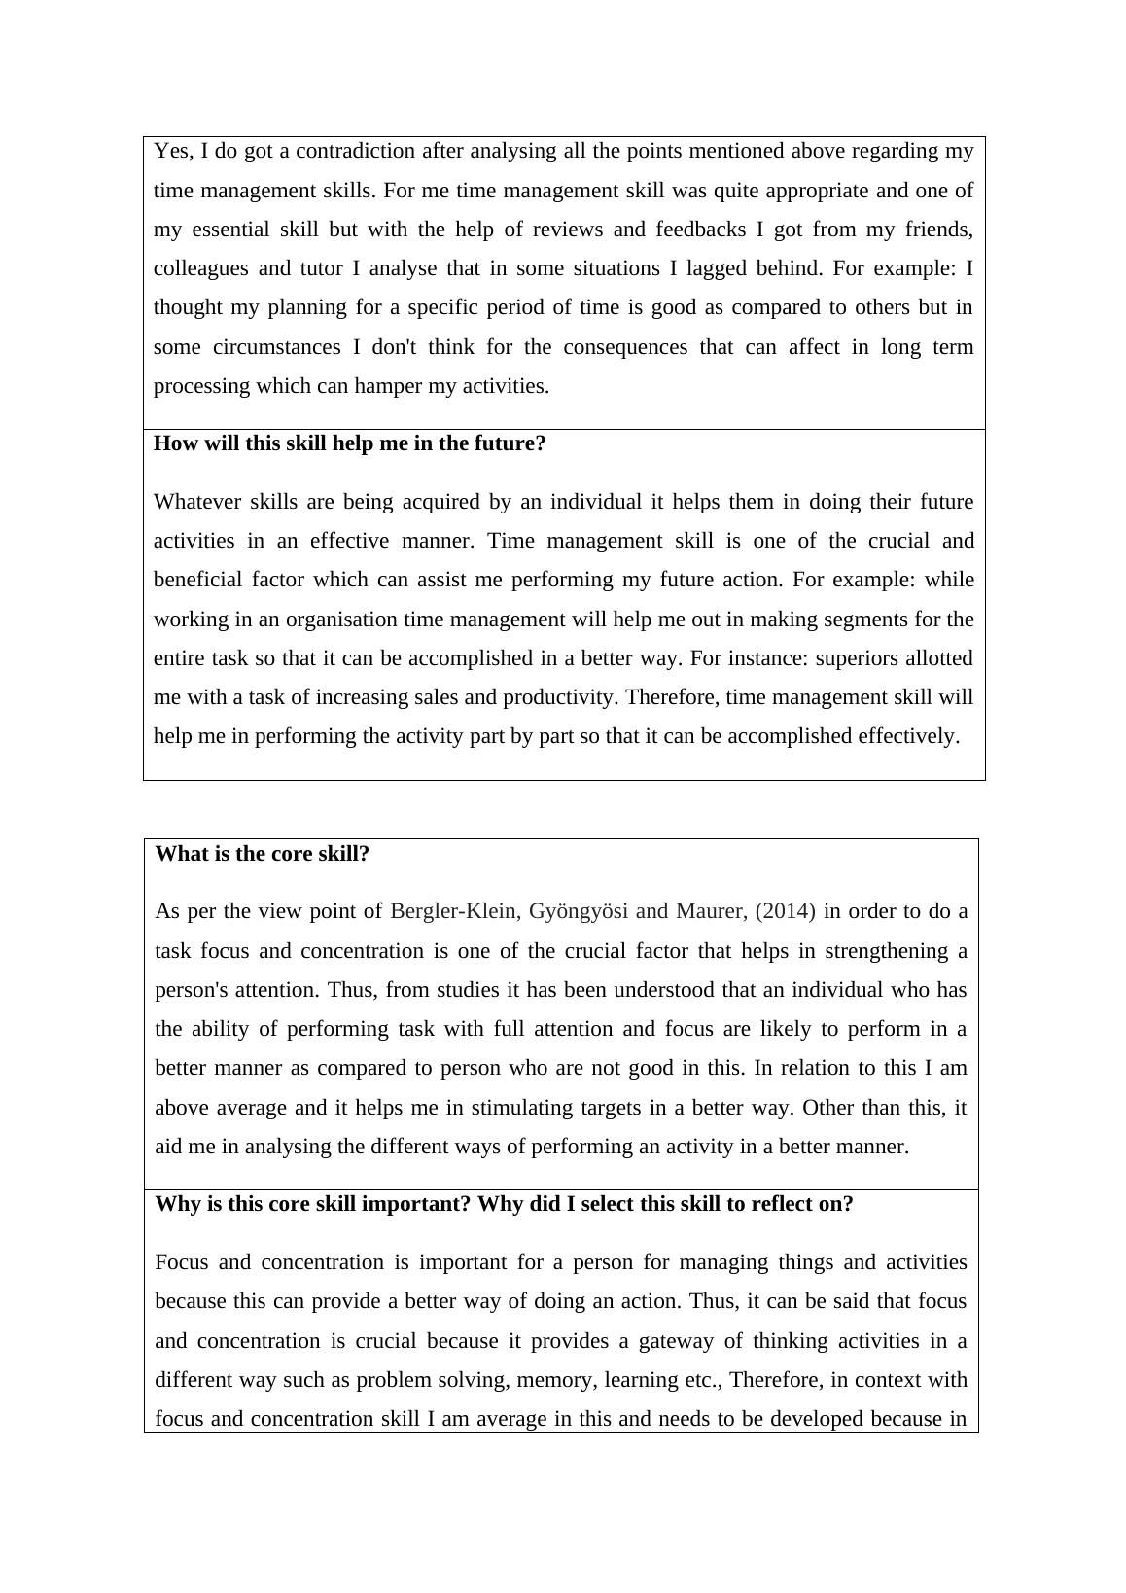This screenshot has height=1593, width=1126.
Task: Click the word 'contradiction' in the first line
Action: coord(356,151)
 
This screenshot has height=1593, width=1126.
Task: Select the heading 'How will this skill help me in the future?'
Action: coord(350,443)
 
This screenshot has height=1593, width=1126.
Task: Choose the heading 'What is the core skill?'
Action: coord(263,854)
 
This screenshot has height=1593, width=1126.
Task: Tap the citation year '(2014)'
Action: coord(785,911)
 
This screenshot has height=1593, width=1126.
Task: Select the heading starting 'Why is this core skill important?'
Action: coord(504,1204)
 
